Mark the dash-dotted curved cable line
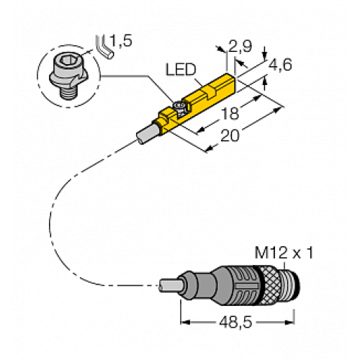coord(58,216)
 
